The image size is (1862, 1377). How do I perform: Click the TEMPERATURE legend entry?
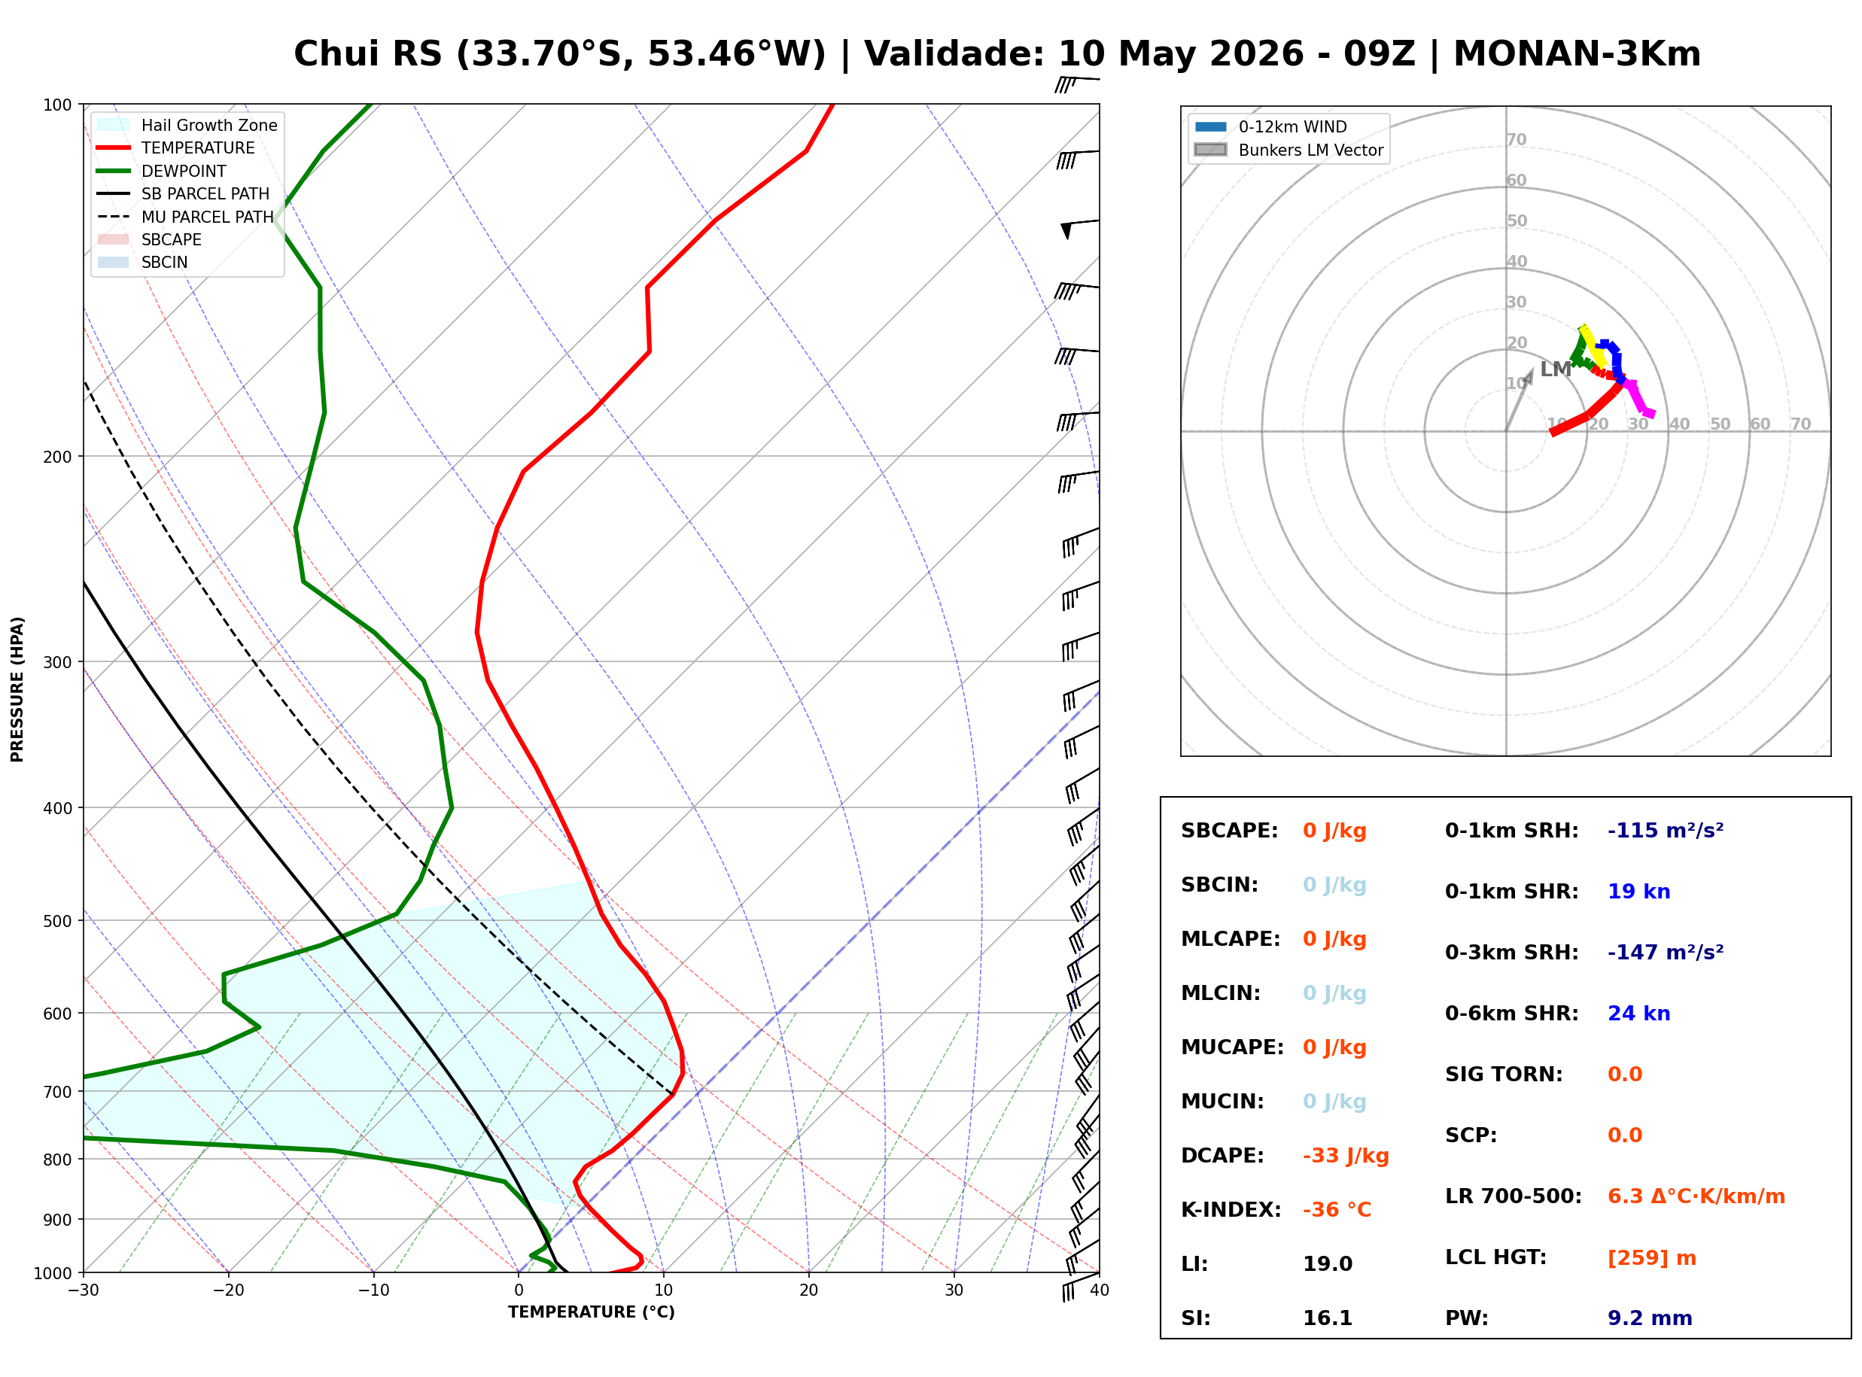pyautogui.click(x=184, y=148)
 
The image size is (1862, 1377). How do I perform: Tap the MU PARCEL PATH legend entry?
pyautogui.click(x=186, y=217)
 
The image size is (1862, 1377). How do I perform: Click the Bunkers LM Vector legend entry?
pyautogui.click(x=1288, y=150)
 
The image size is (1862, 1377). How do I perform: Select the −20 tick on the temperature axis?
pyautogui.click(x=228, y=1291)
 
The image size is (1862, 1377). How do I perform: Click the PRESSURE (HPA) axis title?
pyautogui.click(x=17, y=689)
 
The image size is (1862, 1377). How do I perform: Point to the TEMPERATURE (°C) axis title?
pyautogui.click(x=592, y=1313)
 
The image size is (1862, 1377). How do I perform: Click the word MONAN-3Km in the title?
pyautogui.click(x=1577, y=54)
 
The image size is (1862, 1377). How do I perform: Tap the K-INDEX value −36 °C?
pyautogui.click(x=1337, y=1210)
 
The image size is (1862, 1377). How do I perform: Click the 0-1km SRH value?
pyautogui.click(x=1666, y=831)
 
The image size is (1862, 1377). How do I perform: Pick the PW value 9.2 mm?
pyautogui.click(x=1650, y=1318)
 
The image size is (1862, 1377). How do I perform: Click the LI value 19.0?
pyautogui.click(x=1328, y=1264)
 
